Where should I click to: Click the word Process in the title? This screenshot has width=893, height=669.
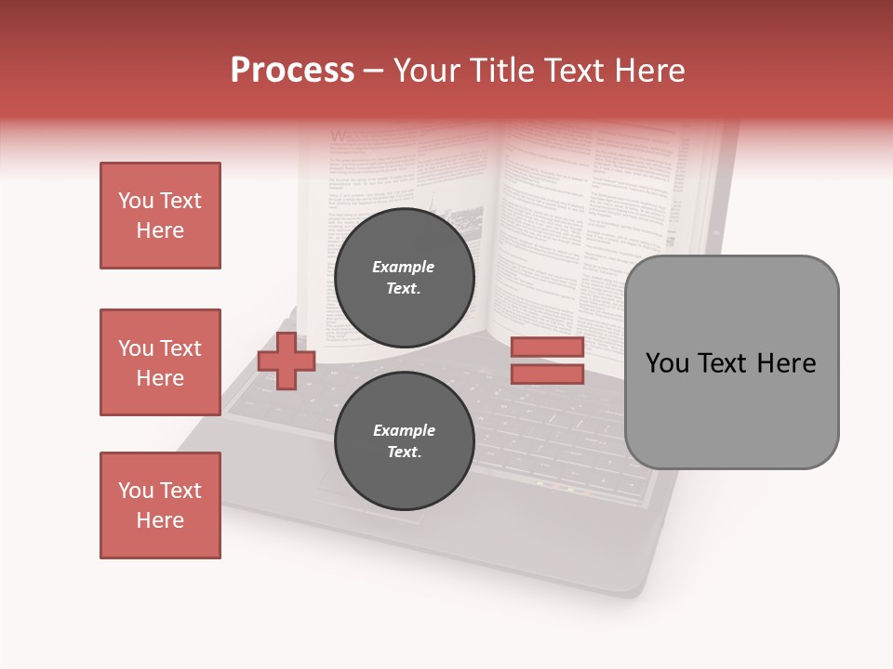(x=292, y=71)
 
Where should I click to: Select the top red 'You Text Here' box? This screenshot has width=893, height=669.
(x=160, y=216)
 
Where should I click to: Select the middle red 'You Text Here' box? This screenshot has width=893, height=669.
(x=160, y=362)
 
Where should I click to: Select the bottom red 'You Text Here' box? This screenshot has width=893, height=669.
(x=160, y=505)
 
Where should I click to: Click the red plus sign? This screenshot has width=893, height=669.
(x=287, y=361)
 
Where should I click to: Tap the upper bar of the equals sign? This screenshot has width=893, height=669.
(x=547, y=347)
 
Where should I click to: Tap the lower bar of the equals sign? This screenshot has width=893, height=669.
(x=547, y=374)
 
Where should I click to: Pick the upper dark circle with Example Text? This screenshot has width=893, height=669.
(x=404, y=278)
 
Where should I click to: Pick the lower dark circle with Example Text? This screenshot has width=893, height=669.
(x=404, y=440)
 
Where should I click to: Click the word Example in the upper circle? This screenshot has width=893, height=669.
(x=404, y=267)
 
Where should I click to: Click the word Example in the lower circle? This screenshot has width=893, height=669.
(x=404, y=430)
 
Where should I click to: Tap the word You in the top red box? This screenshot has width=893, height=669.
(x=135, y=201)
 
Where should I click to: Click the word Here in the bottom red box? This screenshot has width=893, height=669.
(x=160, y=520)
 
